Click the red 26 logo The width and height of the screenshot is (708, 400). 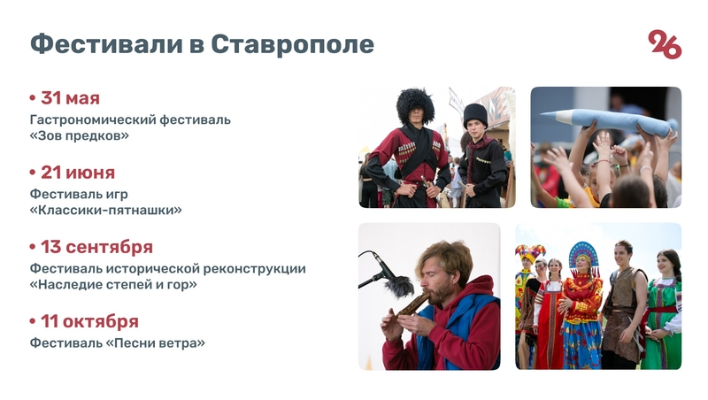click(665, 44)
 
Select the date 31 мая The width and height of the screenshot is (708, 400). click(70, 98)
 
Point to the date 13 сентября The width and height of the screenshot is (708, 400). click(96, 247)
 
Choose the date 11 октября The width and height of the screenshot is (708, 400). click(89, 321)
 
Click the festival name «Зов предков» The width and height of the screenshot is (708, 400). click(80, 136)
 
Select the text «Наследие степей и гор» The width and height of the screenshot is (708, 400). click(113, 285)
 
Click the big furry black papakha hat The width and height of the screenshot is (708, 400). click(414, 105)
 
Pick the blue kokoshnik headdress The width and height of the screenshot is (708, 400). click(583, 256)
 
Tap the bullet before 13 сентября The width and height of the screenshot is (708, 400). click(34, 247)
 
